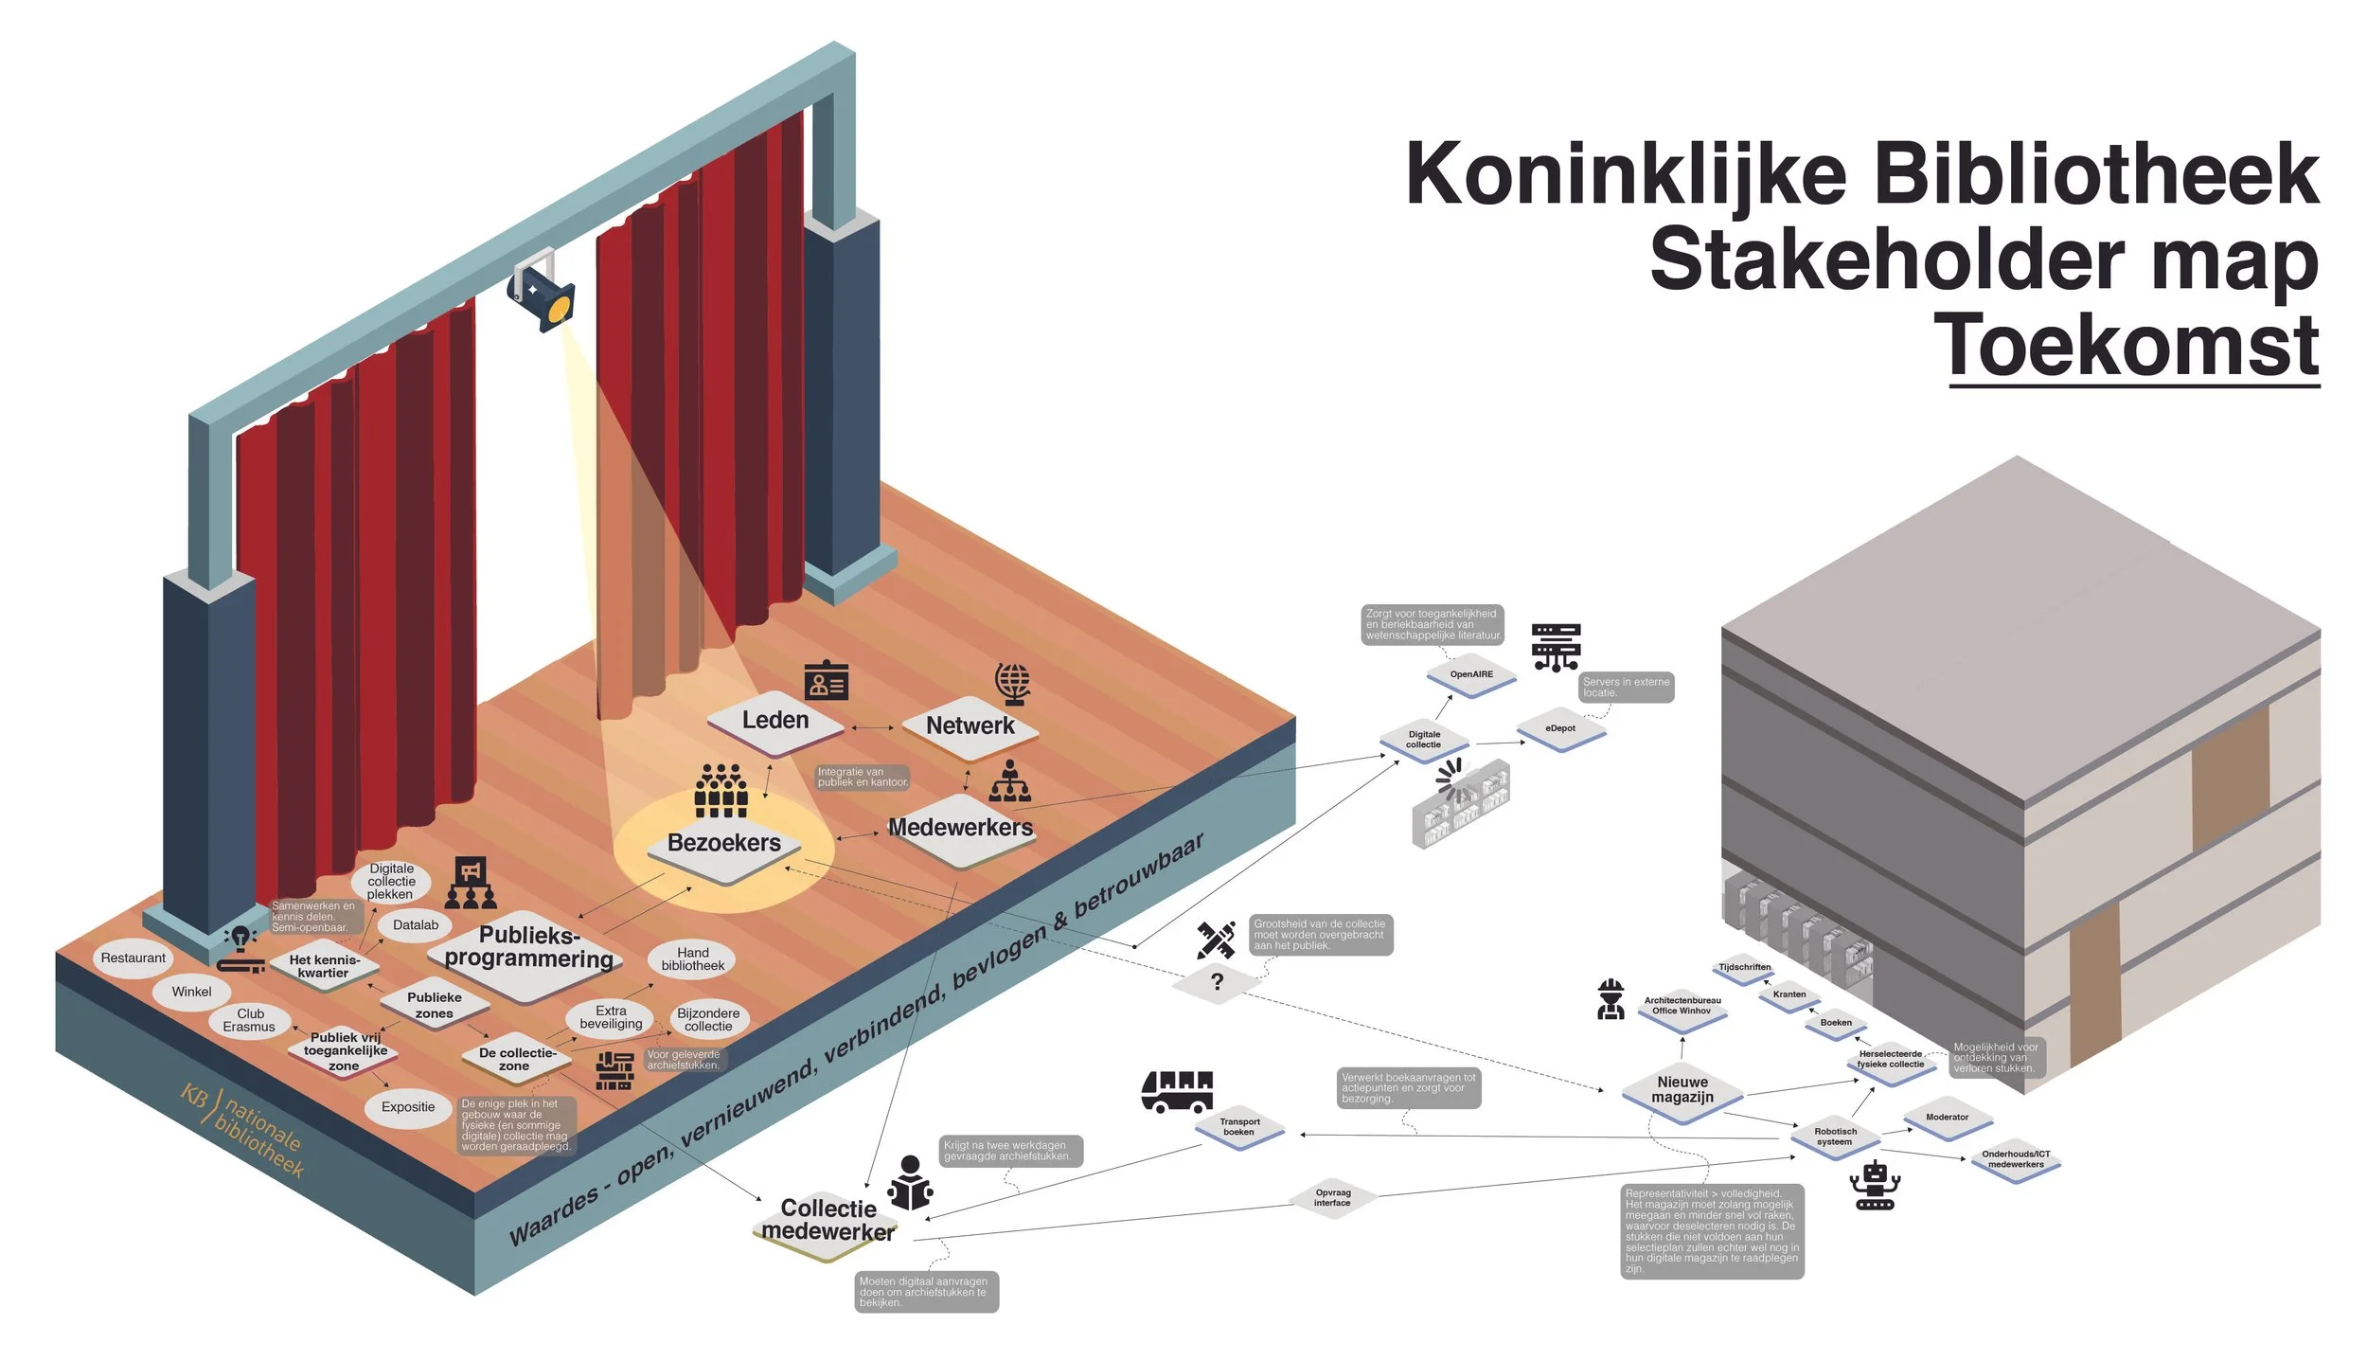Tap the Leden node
pyautogui.click(x=775, y=721)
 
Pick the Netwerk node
pyautogui.click(x=970, y=726)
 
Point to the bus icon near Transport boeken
pyautogui.click(x=1177, y=1090)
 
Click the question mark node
pyautogui.click(x=1217, y=982)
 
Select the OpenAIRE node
pyautogui.click(x=1471, y=674)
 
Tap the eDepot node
pyautogui.click(x=1560, y=728)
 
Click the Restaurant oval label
pyautogui.click(x=133, y=958)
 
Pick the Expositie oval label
pyautogui.click(x=408, y=1107)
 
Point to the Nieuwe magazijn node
pyautogui.click(x=1682, y=1090)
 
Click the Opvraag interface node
pyautogui.click(x=1332, y=1198)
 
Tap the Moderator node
pyautogui.click(x=1947, y=1118)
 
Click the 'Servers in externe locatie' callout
pyautogui.click(x=1627, y=688)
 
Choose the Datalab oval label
pyautogui.click(x=416, y=925)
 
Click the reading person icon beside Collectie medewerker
pyautogui.click(x=910, y=1183)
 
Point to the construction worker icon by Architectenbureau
pyautogui.click(x=1610, y=1000)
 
